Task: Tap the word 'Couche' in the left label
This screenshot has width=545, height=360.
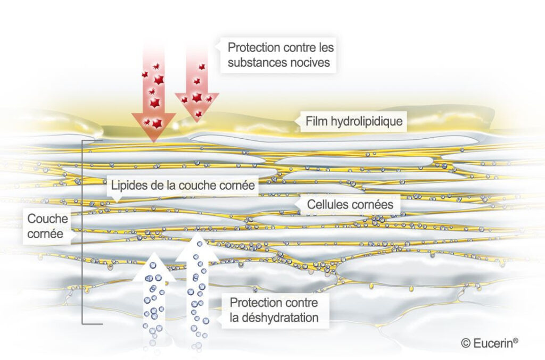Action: (x=47, y=219)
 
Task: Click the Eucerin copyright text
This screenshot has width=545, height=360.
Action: (x=490, y=343)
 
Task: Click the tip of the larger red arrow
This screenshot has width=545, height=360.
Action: (x=153, y=143)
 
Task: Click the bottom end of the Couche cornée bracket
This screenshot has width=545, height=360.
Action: (x=102, y=324)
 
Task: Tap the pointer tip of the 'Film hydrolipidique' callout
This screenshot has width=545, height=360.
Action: (x=295, y=121)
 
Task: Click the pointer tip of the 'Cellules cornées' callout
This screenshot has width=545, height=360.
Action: (x=296, y=205)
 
